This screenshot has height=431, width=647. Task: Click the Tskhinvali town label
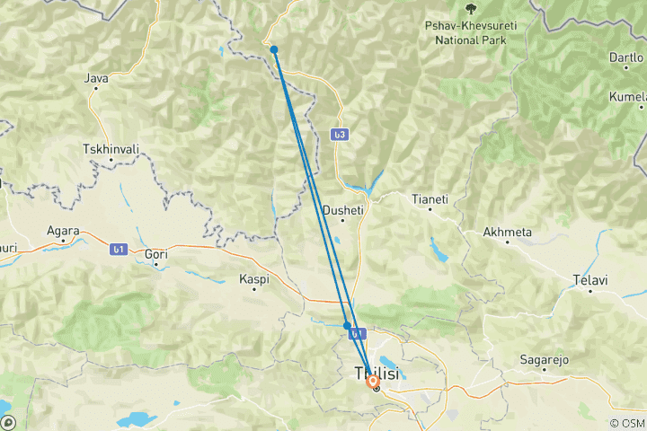pyautogui.click(x=111, y=148)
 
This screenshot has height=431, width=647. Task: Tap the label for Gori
pyautogui.click(x=156, y=255)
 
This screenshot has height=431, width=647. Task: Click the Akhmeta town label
pyautogui.click(x=508, y=232)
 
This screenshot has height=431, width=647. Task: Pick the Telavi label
pyautogui.click(x=589, y=281)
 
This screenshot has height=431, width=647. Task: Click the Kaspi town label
pyautogui.click(x=254, y=280)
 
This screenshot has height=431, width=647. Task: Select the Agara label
pyautogui.click(x=65, y=230)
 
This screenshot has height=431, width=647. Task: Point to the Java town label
pyautogui.click(x=96, y=78)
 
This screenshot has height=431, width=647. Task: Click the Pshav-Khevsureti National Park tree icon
pyautogui.click(x=470, y=9)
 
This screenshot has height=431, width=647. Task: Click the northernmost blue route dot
pyautogui.click(x=274, y=49)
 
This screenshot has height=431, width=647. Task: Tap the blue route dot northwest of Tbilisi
pyautogui.click(x=347, y=326)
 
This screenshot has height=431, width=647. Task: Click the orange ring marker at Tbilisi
pyautogui.click(x=374, y=381)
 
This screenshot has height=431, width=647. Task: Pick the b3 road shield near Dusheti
pyautogui.click(x=339, y=135)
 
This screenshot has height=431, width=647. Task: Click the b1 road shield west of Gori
pyautogui.click(x=118, y=250)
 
